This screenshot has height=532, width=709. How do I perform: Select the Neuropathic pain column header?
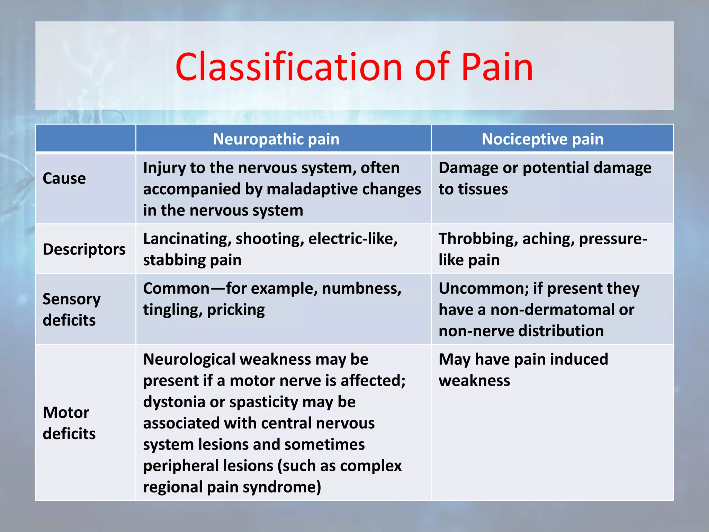(276, 139)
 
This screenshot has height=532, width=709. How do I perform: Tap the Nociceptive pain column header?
(542, 139)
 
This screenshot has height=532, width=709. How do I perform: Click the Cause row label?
(64, 179)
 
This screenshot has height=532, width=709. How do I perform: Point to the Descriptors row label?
(84, 249)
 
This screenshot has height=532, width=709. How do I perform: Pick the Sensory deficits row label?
(72, 309)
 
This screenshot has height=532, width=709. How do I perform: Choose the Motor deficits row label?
(69, 423)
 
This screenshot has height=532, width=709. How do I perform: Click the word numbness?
(361, 289)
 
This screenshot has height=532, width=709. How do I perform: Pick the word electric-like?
(353, 239)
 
